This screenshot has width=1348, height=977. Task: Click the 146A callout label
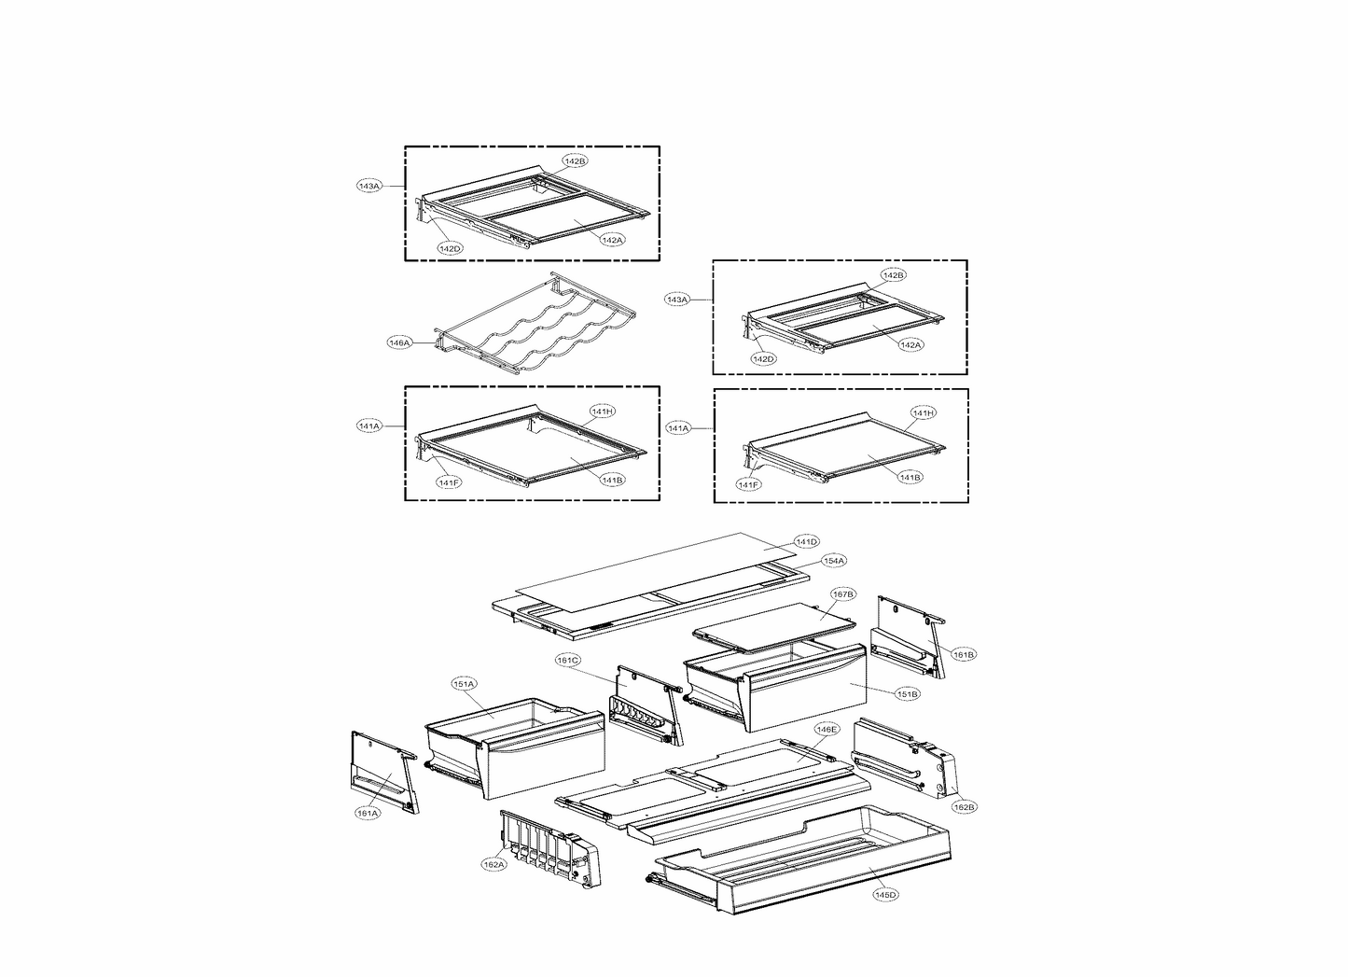(x=399, y=342)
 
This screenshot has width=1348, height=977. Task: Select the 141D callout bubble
(x=806, y=541)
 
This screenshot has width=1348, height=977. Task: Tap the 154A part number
(x=833, y=561)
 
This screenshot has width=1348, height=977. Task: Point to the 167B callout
(x=842, y=593)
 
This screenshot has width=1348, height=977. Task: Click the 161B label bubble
(x=964, y=655)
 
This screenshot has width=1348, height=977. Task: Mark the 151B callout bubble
(x=907, y=694)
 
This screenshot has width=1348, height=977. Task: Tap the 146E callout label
(x=827, y=729)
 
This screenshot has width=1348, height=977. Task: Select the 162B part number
(x=964, y=806)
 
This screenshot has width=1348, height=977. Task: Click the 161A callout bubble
(x=368, y=813)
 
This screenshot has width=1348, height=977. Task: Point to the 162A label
(x=493, y=865)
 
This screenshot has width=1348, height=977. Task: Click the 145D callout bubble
(x=885, y=895)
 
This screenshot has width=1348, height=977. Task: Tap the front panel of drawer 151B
(x=807, y=695)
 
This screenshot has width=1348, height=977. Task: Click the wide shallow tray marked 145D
(x=802, y=854)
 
